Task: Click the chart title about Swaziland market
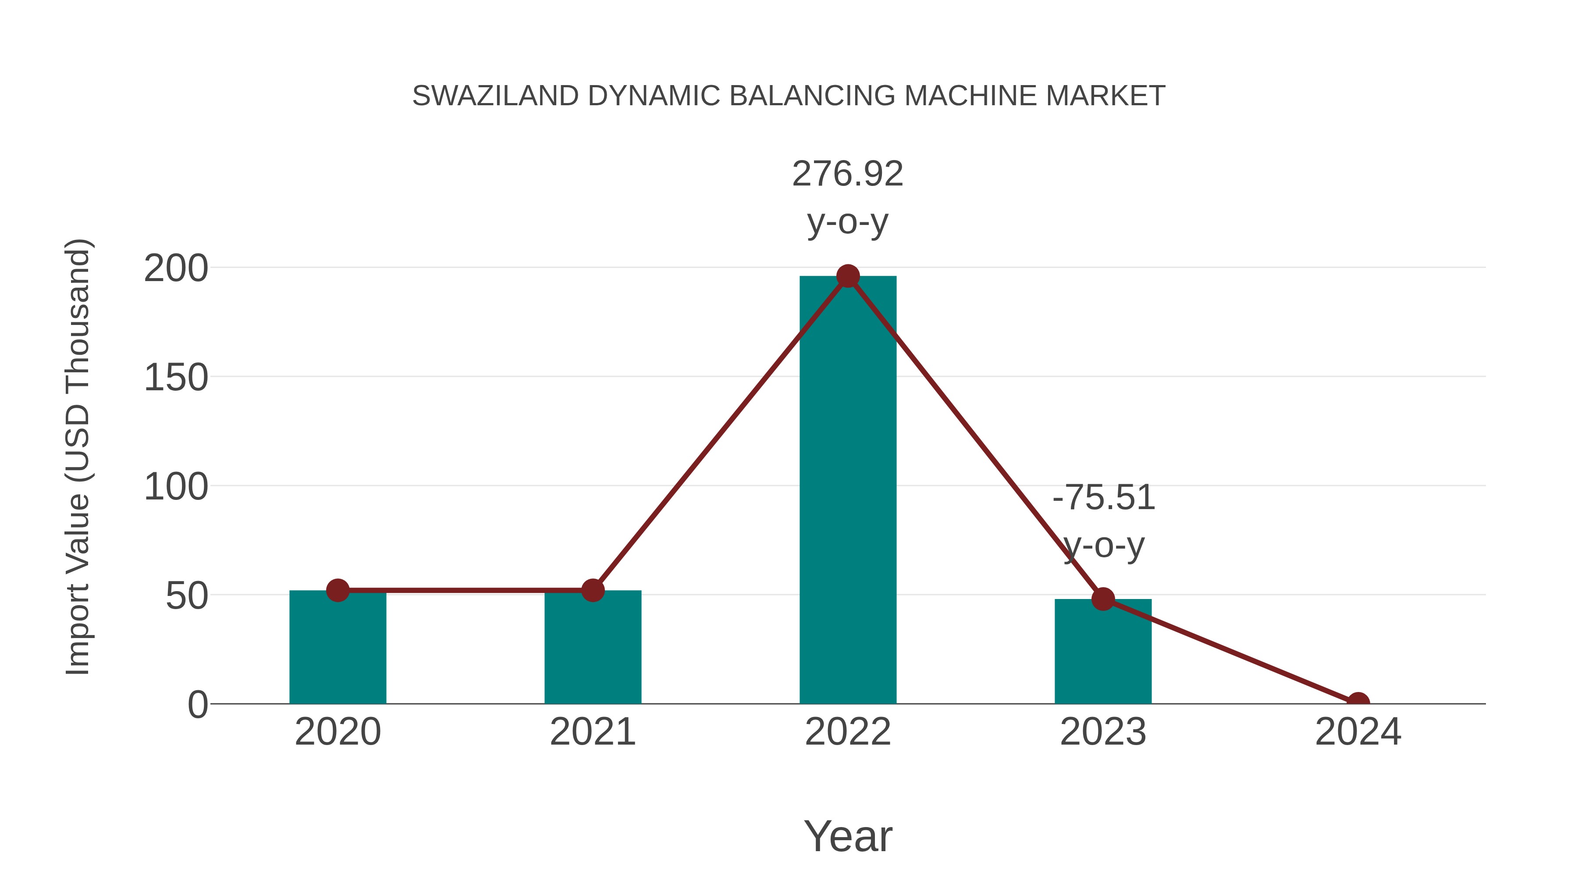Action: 789,96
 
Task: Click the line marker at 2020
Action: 338,590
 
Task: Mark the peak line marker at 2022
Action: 848,276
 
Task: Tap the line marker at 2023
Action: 1103,599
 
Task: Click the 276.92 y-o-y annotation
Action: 848,197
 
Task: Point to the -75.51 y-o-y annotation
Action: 1103,521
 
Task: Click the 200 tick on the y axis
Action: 176,268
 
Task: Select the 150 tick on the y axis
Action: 176,378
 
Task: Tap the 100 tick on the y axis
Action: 176,487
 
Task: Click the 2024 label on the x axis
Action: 1358,732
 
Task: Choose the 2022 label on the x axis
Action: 848,732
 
